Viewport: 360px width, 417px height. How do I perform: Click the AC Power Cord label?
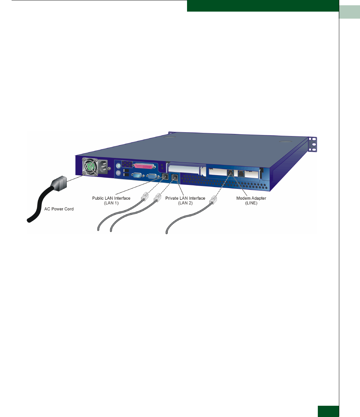[x=59, y=209]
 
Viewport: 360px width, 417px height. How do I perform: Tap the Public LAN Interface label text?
[x=109, y=198]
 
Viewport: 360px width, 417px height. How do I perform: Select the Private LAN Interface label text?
[x=185, y=198]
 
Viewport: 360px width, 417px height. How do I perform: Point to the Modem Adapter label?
[x=251, y=198]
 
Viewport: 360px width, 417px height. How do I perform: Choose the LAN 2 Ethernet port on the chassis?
[x=175, y=179]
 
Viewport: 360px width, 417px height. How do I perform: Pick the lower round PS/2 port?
[x=118, y=173]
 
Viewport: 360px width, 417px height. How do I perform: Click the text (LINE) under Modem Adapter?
[x=251, y=203]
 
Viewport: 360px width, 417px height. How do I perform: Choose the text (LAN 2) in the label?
[x=185, y=203]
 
